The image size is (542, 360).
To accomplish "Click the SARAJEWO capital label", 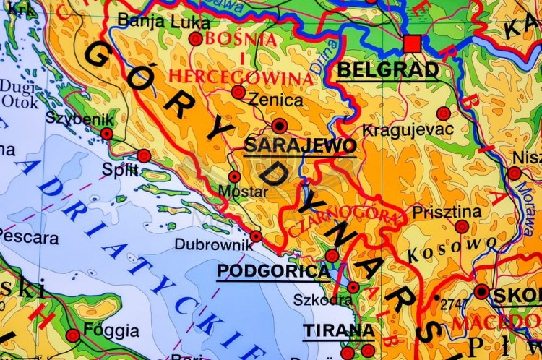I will [x=300, y=145].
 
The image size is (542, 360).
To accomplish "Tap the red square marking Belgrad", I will [x=412, y=44].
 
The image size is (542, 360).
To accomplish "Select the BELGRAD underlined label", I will [x=388, y=70].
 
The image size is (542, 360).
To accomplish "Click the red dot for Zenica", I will [x=238, y=92].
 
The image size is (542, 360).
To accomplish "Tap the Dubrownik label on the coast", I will [x=214, y=244].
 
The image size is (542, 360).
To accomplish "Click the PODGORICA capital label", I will [x=273, y=271].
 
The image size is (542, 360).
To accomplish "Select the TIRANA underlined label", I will [x=338, y=331].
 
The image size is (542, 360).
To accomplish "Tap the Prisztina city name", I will [x=447, y=212].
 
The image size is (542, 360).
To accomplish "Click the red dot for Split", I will [x=144, y=155].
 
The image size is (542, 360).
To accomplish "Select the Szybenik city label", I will [x=70, y=117].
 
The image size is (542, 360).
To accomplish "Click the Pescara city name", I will [x=29, y=236].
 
